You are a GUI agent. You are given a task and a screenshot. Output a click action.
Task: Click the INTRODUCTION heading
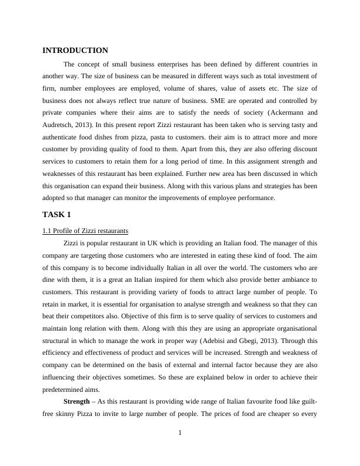pos(75,51)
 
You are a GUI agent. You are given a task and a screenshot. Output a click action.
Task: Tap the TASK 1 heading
pos(56,214)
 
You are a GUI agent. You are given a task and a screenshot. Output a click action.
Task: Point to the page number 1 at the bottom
pos(180,434)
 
